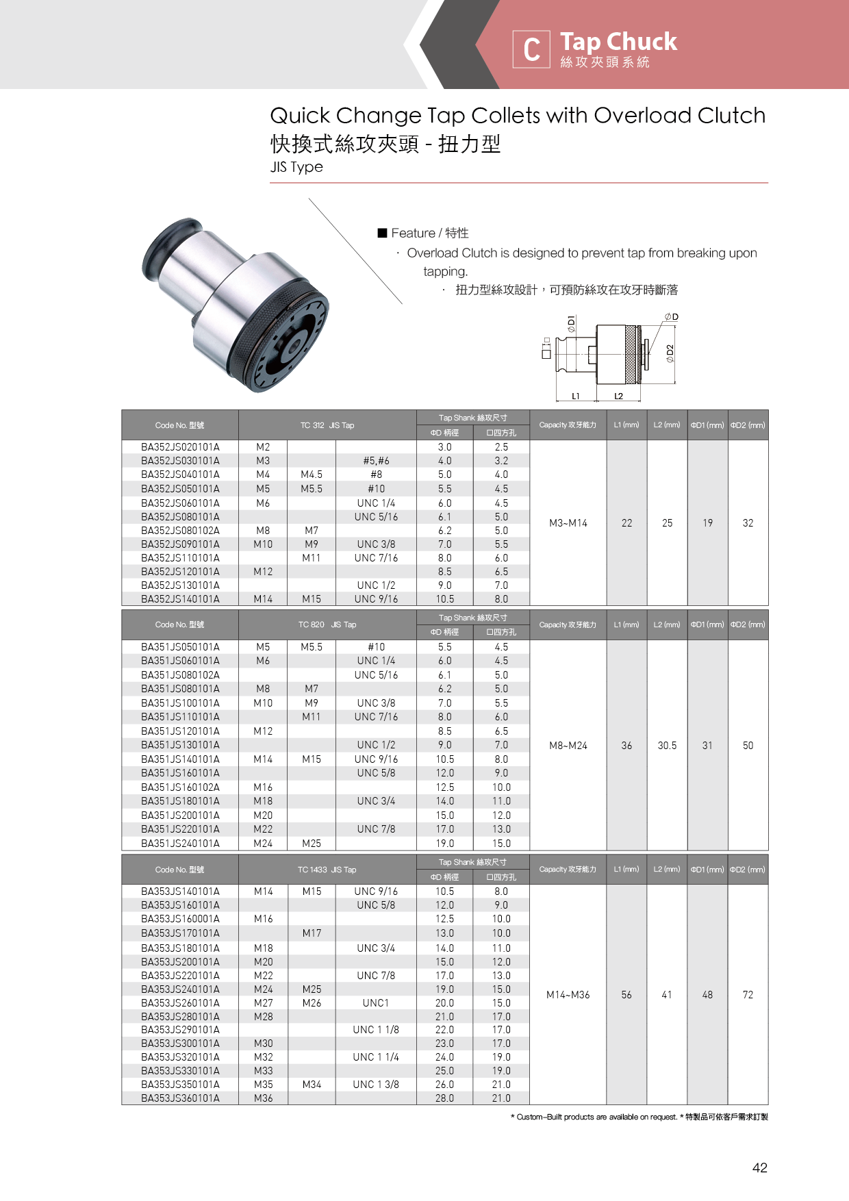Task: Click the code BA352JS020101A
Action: click(x=180, y=447)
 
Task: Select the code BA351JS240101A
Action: click(x=180, y=844)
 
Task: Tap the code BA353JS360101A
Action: click(x=180, y=1098)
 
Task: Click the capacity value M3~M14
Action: click(x=568, y=523)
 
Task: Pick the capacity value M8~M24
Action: click(x=568, y=746)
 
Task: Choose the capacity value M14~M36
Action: click(x=568, y=995)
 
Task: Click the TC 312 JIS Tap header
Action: click(x=327, y=425)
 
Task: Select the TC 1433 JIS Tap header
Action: click(x=327, y=870)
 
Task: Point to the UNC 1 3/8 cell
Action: click(x=376, y=1085)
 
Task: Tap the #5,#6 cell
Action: click(x=376, y=461)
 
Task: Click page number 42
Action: click(x=759, y=1168)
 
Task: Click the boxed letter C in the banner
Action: click(x=531, y=49)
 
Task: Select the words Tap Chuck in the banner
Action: click(x=618, y=42)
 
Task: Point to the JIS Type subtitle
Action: click(x=296, y=167)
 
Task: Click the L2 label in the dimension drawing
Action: click(x=618, y=396)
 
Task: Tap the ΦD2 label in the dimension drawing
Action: click(x=670, y=353)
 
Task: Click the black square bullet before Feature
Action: click(x=383, y=233)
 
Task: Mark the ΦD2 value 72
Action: click(x=748, y=995)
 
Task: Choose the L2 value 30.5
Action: click(x=667, y=746)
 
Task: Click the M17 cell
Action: click(x=312, y=933)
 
